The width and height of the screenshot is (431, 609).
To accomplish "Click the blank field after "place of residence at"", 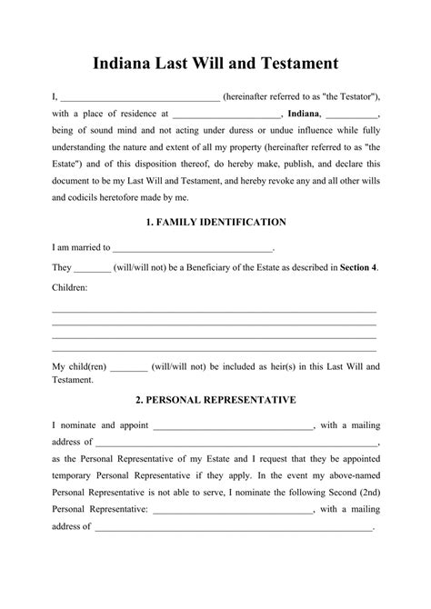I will [226, 115].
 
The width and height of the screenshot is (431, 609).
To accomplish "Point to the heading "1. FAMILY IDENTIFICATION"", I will [215, 221].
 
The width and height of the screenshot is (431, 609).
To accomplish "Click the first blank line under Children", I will [215, 312].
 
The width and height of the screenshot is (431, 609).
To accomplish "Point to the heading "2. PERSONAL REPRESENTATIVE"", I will [215, 399].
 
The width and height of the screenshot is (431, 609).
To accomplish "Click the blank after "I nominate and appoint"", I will [233, 424].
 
